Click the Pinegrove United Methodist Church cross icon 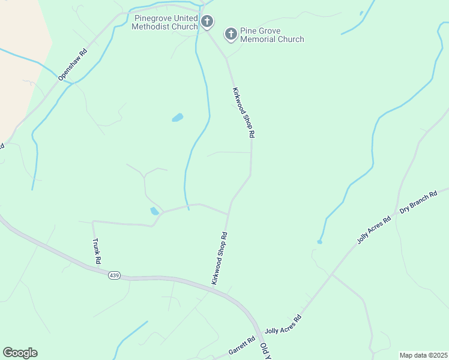click(207, 22)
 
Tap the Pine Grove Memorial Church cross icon click(231, 34)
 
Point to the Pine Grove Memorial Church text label click(272, 35)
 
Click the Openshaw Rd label click(73, 64)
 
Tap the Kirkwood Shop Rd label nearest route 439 click(219, 259)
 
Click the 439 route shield click(115, 275)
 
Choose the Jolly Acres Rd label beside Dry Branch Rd click(374, 229)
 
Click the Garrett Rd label click(242, 346)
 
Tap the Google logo click(20, 353)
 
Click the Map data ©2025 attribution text click(424, 355)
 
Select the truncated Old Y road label click(265, 352)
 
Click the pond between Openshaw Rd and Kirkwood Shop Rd click(177, 118)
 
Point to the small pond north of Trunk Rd click(155, 211)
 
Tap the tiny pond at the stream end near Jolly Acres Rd click(319, 242)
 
